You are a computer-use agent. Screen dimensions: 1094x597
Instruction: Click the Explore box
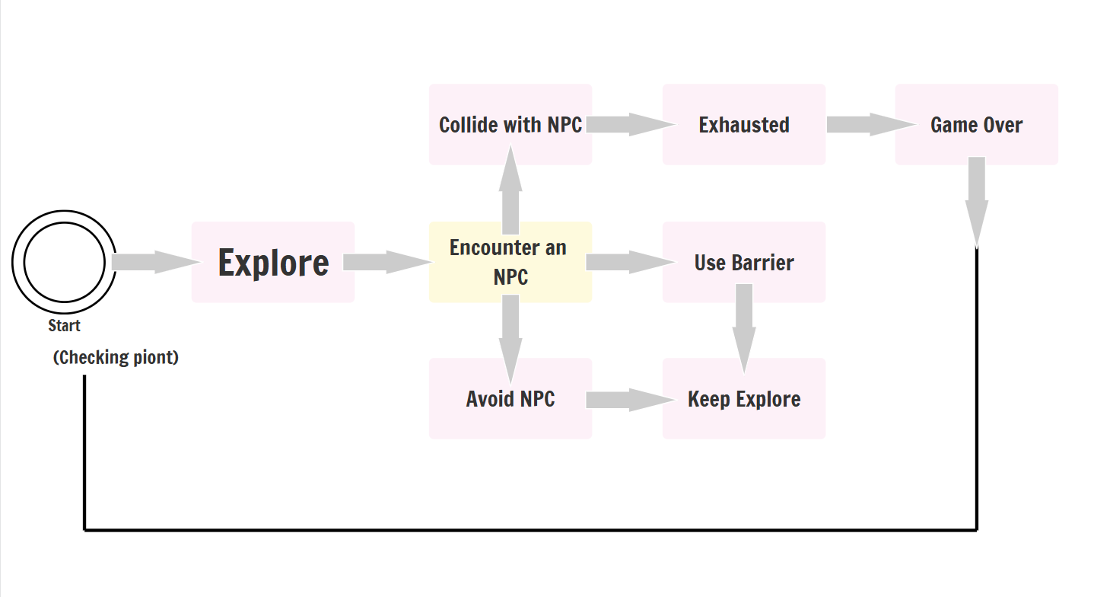273,262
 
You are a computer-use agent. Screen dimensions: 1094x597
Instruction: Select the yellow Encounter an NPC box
510,262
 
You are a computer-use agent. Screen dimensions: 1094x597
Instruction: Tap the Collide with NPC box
510,124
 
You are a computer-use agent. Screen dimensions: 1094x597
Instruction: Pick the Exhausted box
744,124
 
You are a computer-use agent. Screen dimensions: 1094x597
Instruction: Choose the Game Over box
976,124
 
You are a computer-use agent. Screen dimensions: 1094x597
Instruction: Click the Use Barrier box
744,262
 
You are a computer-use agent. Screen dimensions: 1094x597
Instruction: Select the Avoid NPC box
510,398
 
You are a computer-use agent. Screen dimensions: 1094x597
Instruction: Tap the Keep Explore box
744,398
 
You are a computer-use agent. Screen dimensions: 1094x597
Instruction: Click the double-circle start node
64,212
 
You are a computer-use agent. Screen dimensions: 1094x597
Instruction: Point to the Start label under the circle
64,326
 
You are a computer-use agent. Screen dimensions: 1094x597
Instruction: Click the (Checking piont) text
116,357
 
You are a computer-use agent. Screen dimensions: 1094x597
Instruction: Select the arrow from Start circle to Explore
156,262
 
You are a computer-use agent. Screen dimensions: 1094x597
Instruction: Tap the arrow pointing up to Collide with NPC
510,189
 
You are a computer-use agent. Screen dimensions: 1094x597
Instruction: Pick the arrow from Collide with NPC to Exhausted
631,124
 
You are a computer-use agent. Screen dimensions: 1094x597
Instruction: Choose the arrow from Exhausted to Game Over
872,124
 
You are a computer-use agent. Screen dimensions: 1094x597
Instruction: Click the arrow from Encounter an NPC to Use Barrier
631,262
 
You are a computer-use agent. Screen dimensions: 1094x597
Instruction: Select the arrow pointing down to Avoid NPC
510,340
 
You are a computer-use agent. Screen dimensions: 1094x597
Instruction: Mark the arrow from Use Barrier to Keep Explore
744,329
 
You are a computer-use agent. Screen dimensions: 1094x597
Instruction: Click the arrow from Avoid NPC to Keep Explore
631,400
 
